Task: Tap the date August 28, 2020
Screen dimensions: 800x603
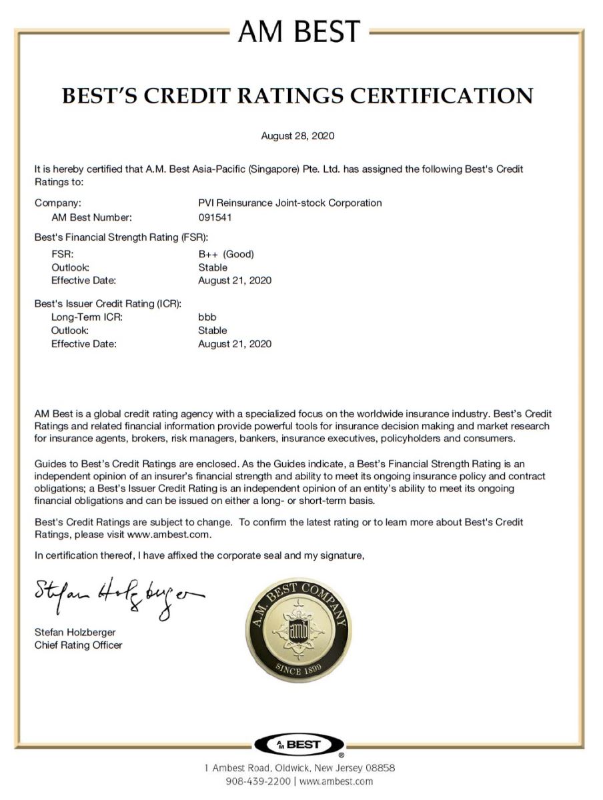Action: (297, 136)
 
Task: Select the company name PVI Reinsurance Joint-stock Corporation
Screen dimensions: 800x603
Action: (285, 203)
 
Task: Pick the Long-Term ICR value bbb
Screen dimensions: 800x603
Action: (207, 317)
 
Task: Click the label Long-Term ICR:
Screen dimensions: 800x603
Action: (87, 317)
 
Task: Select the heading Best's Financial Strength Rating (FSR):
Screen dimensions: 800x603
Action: (121, 237)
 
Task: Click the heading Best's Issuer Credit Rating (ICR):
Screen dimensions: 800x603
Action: (108, 304)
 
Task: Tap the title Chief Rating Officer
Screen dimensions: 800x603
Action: (78, 645)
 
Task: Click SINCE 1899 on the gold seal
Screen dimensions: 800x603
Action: (297, 669)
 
